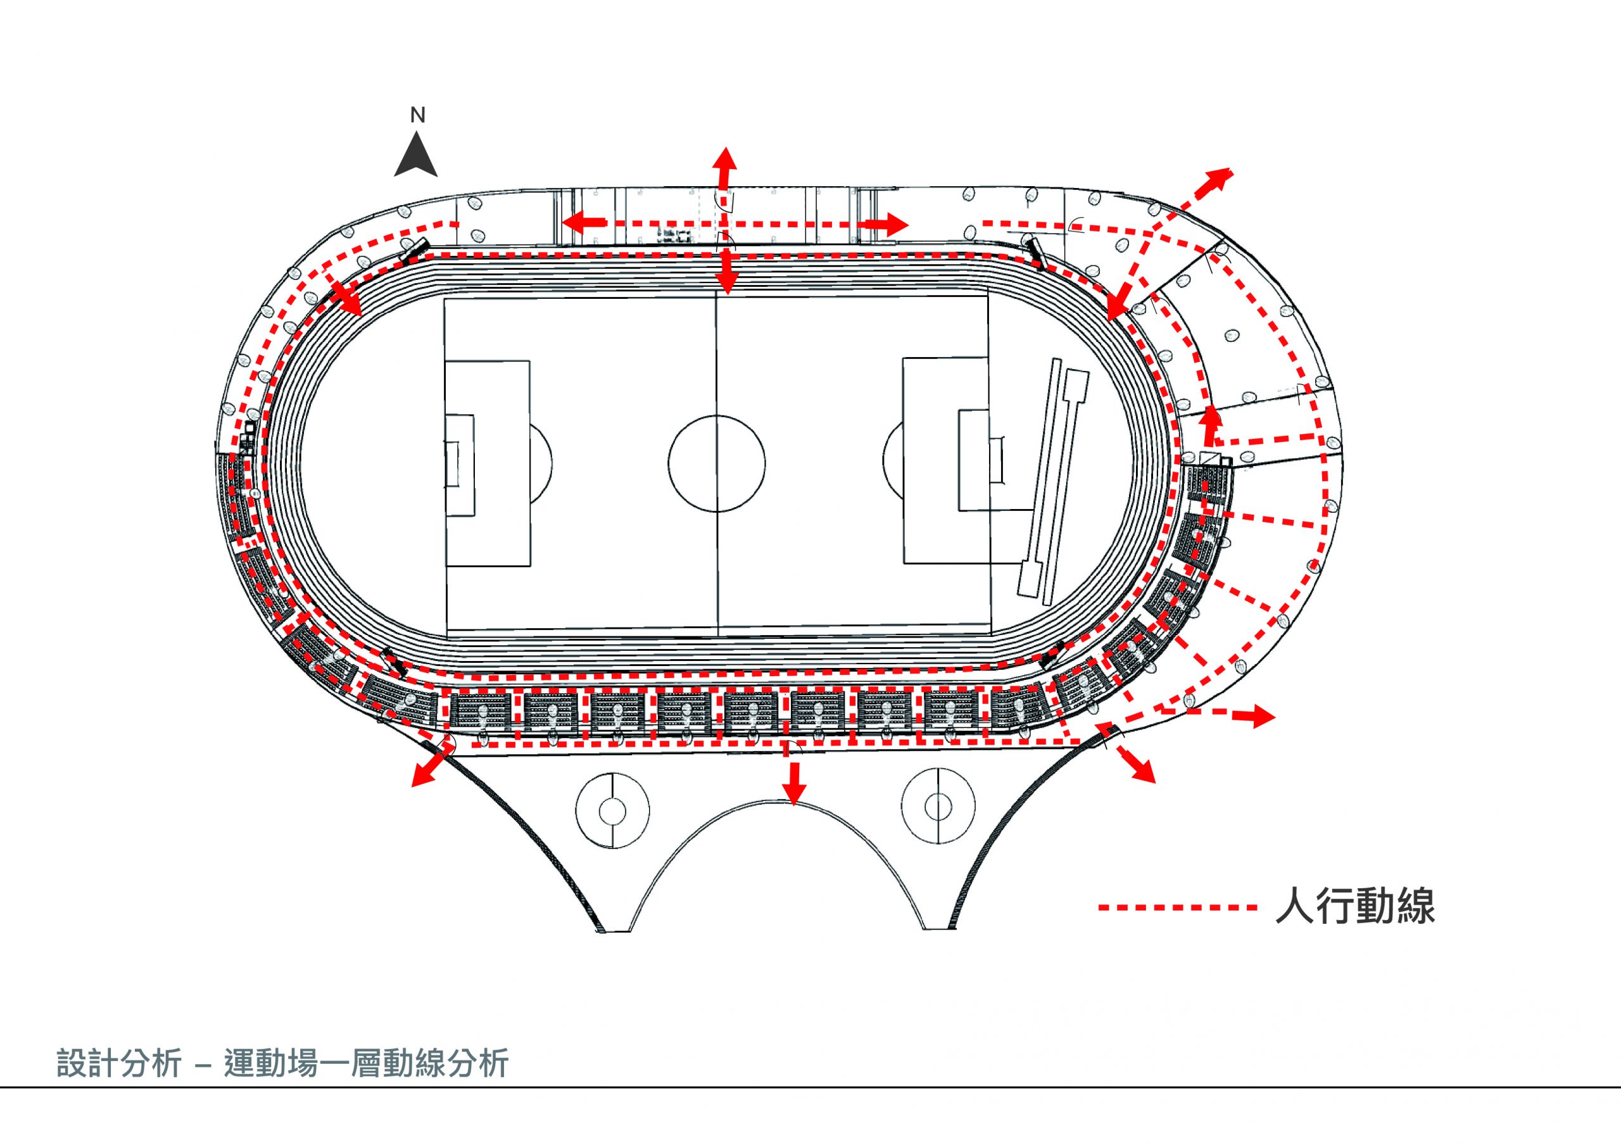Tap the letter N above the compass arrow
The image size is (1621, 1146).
418,116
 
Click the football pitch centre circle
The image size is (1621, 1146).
717,463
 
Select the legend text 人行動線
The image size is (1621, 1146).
1356,907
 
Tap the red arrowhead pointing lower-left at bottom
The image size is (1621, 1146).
422,774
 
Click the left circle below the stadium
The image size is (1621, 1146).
612,810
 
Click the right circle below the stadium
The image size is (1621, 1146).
938,805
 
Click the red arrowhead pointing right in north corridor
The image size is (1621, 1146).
896,225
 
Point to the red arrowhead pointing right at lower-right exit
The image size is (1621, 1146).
1263,717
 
